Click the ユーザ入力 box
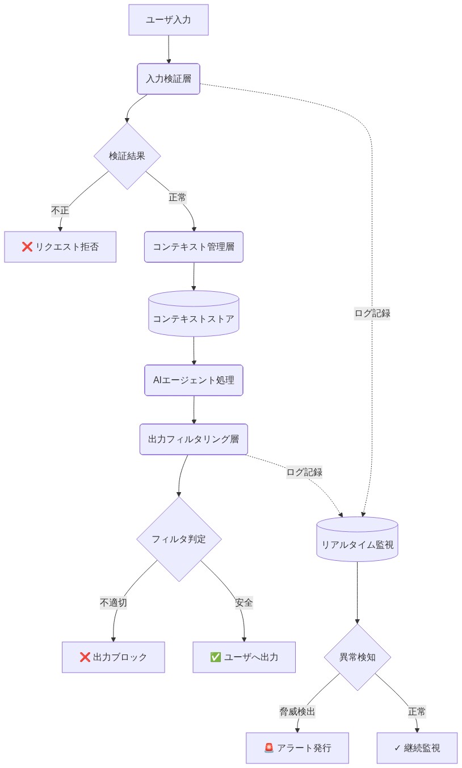(168, 20)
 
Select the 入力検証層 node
(168, 79)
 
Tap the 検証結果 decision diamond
(127, 156)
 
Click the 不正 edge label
(60, 211)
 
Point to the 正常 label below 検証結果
(178, 198)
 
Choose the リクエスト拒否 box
(60, 247)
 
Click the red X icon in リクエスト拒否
(27, 247)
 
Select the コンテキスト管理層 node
(194, 247)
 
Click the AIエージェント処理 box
(194, 380)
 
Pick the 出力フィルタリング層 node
(194, 439)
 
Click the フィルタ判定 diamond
(179, 539)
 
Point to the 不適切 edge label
(114, 603)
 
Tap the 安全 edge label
(244, 603)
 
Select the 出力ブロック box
(114, 657)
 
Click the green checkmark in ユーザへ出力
(216, 657)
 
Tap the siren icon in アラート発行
(269, 748)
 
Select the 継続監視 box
(417, 748)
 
